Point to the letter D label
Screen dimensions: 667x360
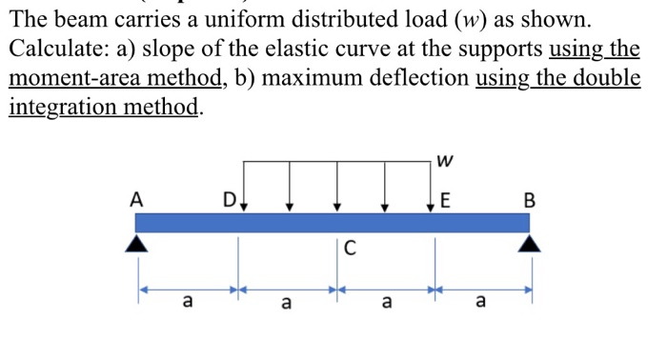point(229,200)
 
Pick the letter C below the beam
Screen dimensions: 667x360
point(350,250)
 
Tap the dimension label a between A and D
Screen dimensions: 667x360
point(188,303)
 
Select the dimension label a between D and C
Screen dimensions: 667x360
point(286,303)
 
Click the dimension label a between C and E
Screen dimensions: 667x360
point(385,303)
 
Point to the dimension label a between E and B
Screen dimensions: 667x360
point(480,303)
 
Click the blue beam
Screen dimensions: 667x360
point(333,222)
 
